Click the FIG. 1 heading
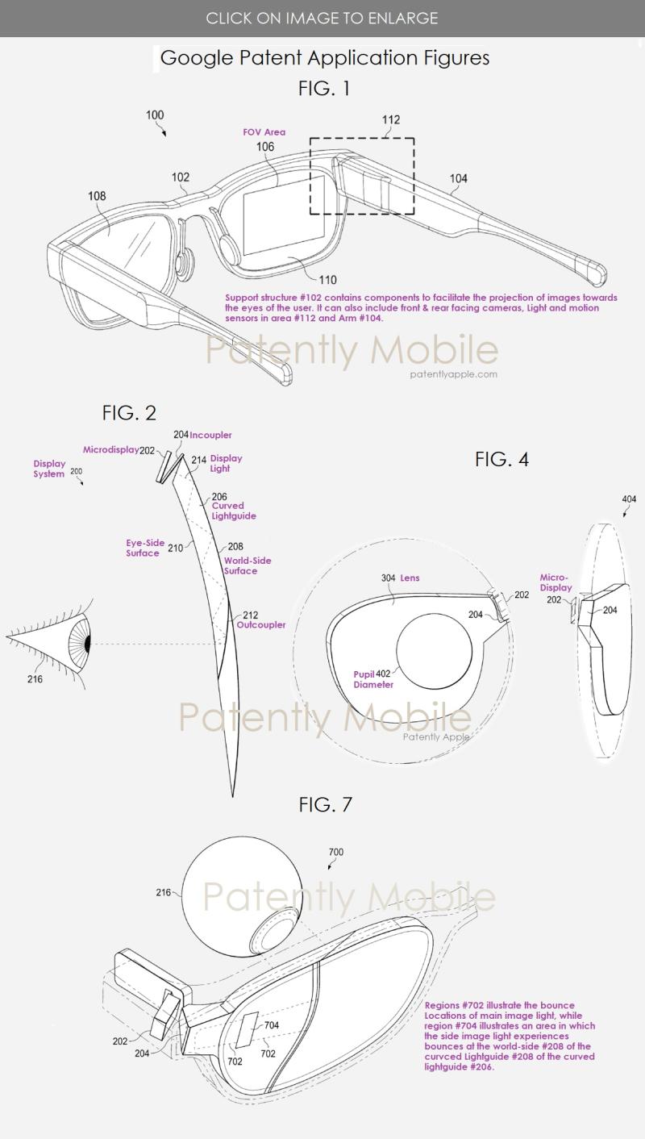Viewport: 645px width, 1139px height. click(x=324, y=89)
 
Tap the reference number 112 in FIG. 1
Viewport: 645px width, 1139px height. click(x=391, y=119)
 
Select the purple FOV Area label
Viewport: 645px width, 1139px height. click(x=264, y=131)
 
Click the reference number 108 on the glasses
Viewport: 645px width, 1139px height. click(x=97, y=196)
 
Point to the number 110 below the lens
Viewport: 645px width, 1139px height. click(x=328, y=280)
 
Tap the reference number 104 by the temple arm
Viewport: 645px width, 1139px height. click(x=459, y=178)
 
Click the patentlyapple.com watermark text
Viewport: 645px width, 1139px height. click(x=453, y=374)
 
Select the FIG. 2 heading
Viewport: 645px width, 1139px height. click(x=129, y=412)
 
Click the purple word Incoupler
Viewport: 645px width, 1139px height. click(x=210, y=435)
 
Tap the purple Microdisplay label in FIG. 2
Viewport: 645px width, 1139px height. click(x=110, y=449)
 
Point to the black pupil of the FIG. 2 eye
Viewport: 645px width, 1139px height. click(x=88, y=645)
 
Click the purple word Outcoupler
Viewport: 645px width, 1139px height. click(x=261, y=624)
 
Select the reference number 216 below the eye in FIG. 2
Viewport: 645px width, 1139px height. click(x=35, y=679)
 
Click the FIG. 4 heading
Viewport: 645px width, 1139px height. click(x=501, y=459)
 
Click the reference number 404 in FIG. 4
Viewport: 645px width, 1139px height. click(x=629, y=499)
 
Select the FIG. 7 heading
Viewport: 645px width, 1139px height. click(x=325, y=804)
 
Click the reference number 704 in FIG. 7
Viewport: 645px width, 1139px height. click(x=272, y=1025)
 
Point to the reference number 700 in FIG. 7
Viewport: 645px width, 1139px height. click(x=336, y=852)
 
